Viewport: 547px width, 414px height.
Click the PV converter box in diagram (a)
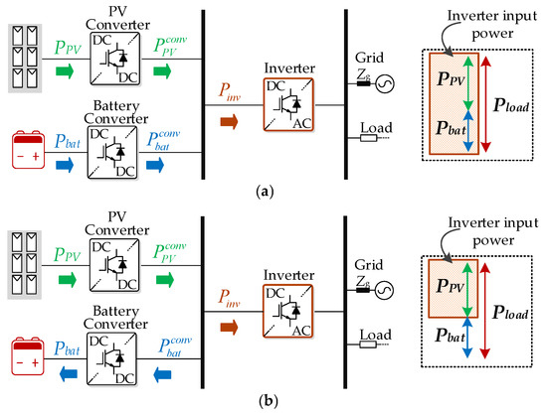pyautogui.click(x=115, y=59)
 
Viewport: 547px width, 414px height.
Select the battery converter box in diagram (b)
pyautogui.click(x=111, y=359)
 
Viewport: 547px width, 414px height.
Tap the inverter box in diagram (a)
pyautogui.click(x=288, y=105)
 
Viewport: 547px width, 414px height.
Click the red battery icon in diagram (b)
pyautogui.click(x=28, y=356)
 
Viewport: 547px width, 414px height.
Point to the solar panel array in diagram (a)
pyautogui.click(x=25, y=59)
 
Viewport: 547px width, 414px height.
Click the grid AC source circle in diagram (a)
pyautogui.click(x=385, y=83)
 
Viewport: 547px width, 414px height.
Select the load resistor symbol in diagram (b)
pyautogui.click(x=368, y=345)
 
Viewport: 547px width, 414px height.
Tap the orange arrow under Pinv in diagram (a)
pyautogui.click(x=229, y=122)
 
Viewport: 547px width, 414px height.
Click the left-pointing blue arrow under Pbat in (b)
pyautogui.click(x=69, y=374)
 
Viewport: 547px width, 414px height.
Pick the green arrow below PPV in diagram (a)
pyautogui.click(x=65, y=71)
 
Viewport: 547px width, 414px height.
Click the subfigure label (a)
pyautogui.click(x=266, y=192)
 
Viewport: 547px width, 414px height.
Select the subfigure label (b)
pyautogui.click(x=269, y=401)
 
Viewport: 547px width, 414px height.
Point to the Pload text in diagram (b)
pyautogui.click(x=510, y=313)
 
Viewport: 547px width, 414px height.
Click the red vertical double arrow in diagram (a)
pyautogui.click(x=486, y=104)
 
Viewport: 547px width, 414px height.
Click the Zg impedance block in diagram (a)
pyautogui.click(x=363, y=83)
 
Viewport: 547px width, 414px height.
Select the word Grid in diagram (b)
pyautogui.click(x=369, y=265)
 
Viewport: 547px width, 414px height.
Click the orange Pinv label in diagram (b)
pyautogui.click(x=229, y=299)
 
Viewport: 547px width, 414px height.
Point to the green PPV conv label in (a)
pyautogui.click(x=170, y=46)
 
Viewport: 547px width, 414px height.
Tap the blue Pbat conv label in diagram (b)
pyautogui.click(x=175, y=347)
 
